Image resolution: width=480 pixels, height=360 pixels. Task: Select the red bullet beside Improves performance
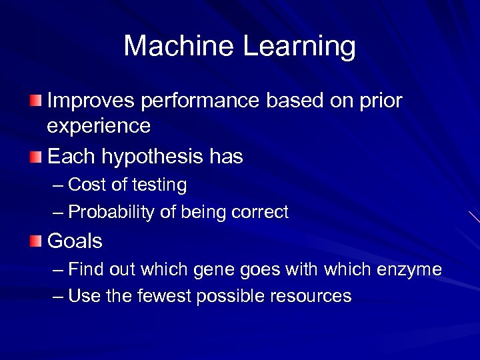(35, 101)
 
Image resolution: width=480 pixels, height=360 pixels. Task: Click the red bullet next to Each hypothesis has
(35, 157)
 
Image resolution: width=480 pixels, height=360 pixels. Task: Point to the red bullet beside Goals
(35, 241)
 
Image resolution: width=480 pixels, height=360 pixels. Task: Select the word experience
(99, 126)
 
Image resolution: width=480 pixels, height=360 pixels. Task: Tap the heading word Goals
(75, 241)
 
